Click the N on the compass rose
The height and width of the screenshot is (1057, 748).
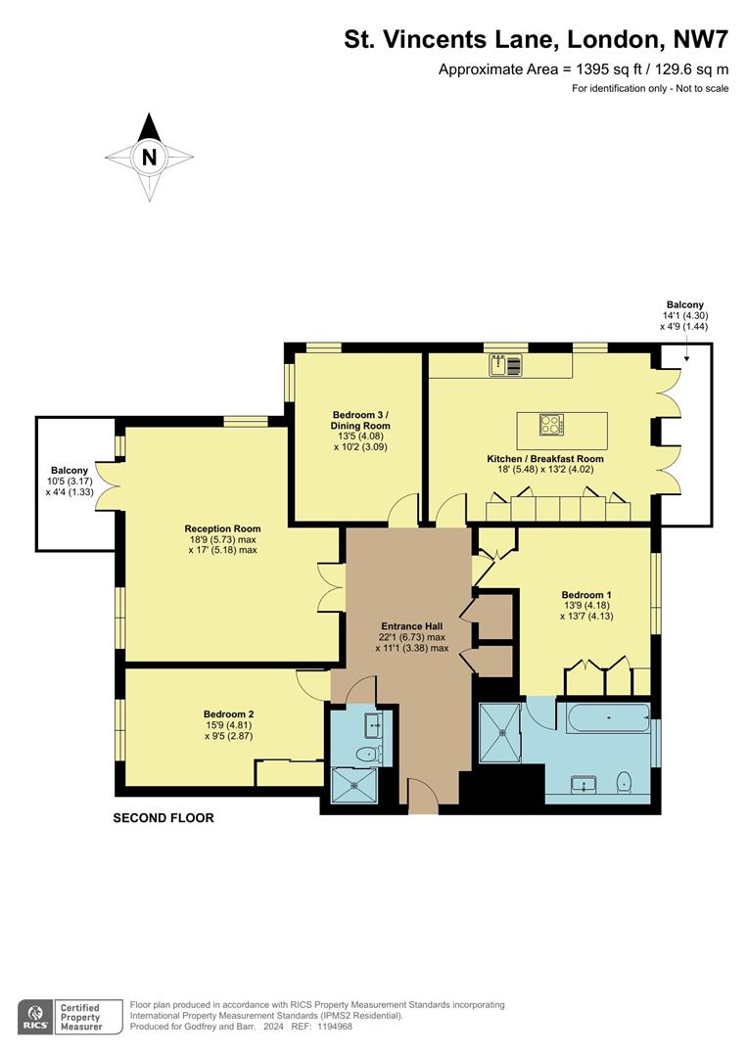[x=149, y=157]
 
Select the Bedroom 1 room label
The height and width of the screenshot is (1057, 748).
[x=586, y=594]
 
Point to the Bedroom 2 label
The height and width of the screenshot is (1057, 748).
[x=229, y=713]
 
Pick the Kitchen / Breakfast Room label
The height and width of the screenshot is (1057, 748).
[x=545, y=458]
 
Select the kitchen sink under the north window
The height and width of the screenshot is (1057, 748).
[x=507, y=365]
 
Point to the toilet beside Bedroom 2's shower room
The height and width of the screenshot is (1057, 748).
[x=365, y=754]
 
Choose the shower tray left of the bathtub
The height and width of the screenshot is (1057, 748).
[x=500, y=732]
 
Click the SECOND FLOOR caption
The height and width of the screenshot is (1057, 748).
[x=164, y=818]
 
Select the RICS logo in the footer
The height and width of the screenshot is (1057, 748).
[x=36, y=1017]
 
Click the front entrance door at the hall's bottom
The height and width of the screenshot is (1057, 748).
[x=423, y=798]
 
